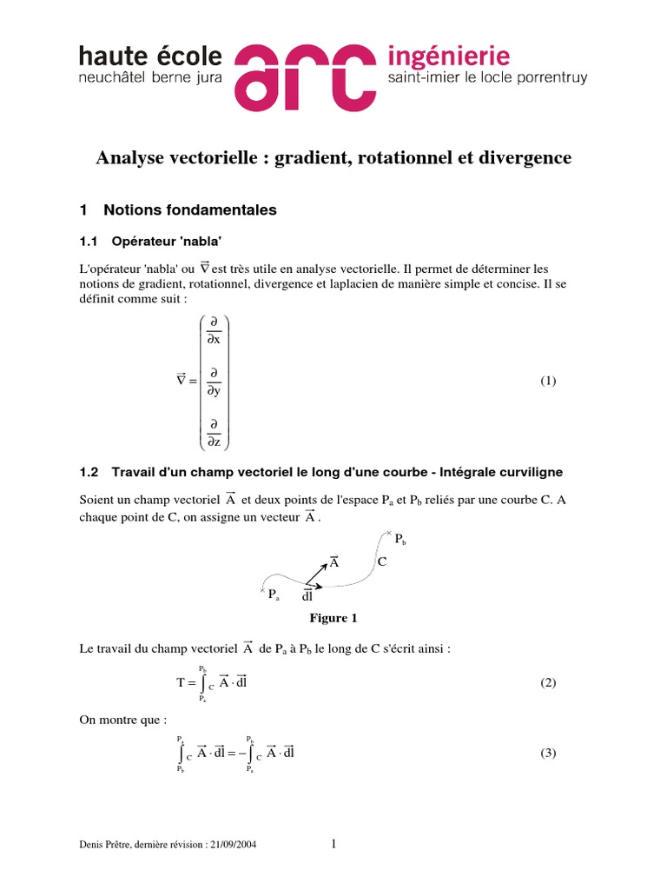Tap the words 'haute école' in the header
click(150, 56)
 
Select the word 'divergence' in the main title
click(530, 157)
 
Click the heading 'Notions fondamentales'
click(189, 209)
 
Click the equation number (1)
click(547, 381)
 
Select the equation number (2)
click(547, 682)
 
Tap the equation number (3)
click(547, 753)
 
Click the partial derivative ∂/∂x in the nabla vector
click(213, 331)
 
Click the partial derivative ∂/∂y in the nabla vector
click(213, 382)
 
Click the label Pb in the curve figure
click(400, 540)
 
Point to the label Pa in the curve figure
click(274, 595)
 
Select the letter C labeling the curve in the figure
click(381, 562)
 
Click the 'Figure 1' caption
click(333, 618)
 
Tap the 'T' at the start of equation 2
click(182, 683)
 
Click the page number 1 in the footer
click(333, 843)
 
